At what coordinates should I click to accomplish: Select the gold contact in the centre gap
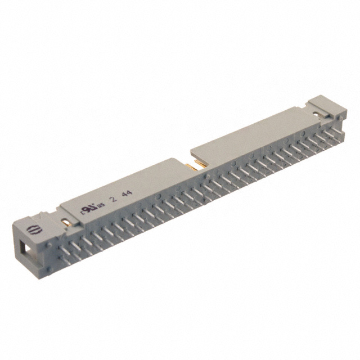point(193,164)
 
